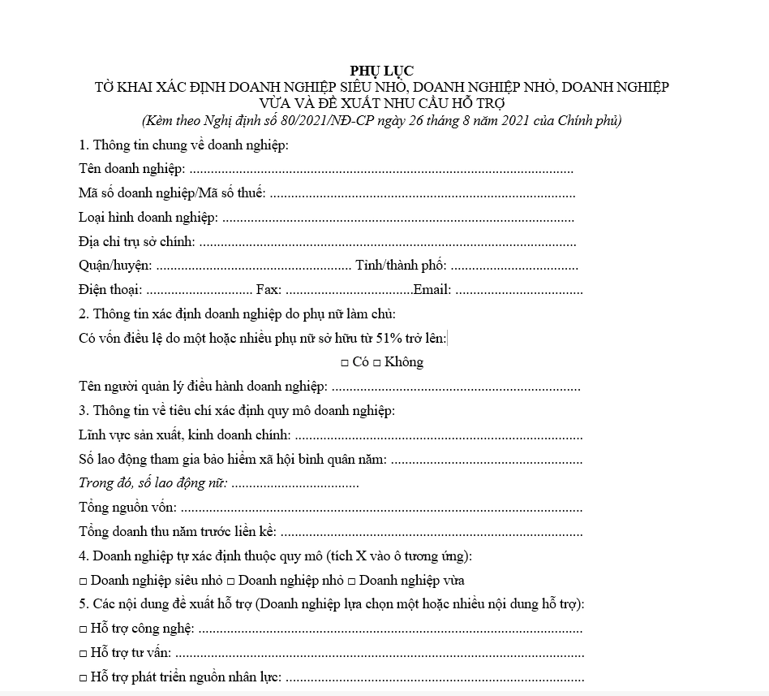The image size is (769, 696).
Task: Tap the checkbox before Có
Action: pos(345,363)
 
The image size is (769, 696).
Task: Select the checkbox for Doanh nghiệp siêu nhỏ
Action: pos(84,581)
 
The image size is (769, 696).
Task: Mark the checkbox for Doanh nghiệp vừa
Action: pos(351,581)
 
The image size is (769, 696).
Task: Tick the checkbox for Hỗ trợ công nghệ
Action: pos(84,629)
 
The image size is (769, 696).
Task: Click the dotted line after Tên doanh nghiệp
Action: pos(381,171)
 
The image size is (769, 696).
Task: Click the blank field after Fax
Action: pos(349,290)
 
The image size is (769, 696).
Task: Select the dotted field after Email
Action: pos(519,290)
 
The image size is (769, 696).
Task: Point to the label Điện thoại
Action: pos(110,290)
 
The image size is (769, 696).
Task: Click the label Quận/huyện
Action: pos(114,266)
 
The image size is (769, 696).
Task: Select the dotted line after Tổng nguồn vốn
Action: pos(381,508)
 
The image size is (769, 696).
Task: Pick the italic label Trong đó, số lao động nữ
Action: pos(153,483)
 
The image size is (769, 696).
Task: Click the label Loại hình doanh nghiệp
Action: pos(148,218)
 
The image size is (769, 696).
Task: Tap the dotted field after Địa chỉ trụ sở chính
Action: pos(388,242)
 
